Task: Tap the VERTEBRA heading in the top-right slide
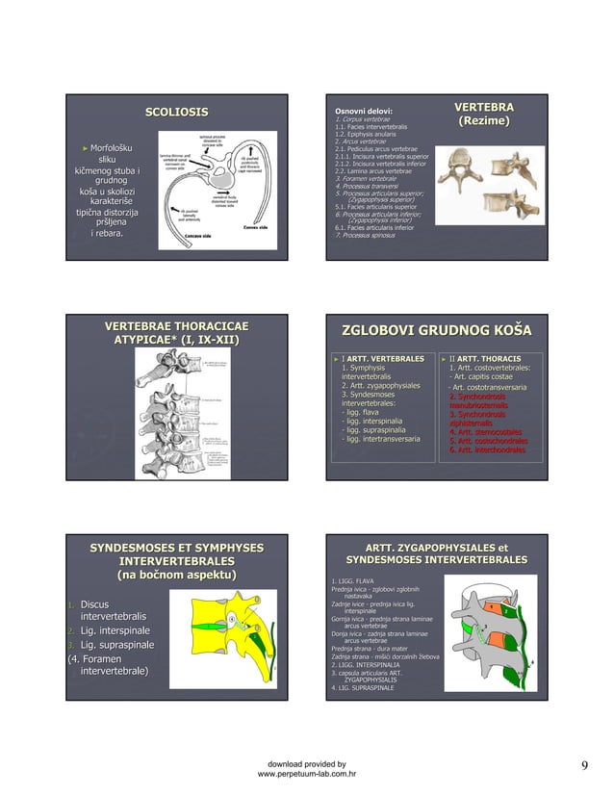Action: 483,107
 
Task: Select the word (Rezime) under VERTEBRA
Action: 483,122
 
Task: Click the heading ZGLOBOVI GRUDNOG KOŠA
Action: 430,332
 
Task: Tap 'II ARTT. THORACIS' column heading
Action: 486,359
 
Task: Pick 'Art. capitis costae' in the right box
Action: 484,376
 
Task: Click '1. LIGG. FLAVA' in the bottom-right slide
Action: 353,580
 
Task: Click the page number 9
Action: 583,765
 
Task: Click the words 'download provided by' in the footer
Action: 308,760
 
